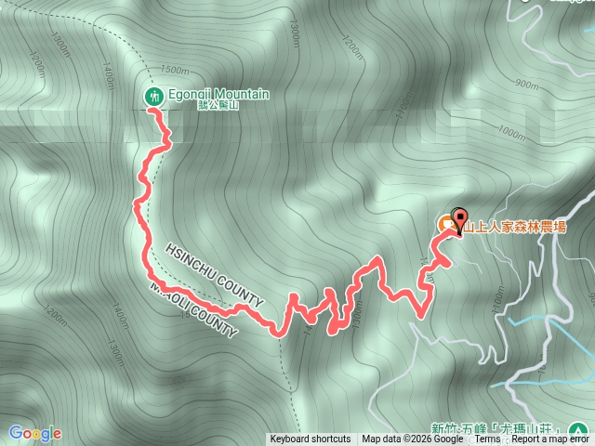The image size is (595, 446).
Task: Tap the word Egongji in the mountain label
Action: click(x=191, y=95)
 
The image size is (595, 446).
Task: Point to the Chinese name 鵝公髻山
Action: click(x=218, y=107)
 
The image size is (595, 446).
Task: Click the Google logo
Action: click(x=34, y=433)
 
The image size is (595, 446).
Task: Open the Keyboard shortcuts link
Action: click(x=311, y=439)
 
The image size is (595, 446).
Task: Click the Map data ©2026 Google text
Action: click(x=413, y=439)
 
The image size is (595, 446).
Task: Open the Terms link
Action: click(x=487, y=439)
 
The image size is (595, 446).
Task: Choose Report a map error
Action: click(x=548, y=439)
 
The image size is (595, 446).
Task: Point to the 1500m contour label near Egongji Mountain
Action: click(x=176, y=70)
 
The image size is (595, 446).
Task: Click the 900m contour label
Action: click(x=526, y=85)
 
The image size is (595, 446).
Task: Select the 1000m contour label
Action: click(x=511, y=132)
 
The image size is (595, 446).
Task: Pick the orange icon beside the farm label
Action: click(x=445, y=224)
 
